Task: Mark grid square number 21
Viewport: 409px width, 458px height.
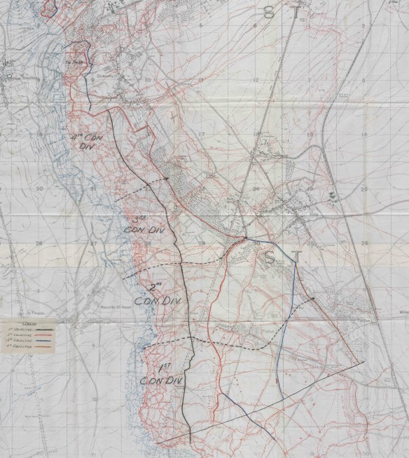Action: click(x=93, y=189)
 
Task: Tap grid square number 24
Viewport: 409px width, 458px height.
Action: click(x=255, y=188)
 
